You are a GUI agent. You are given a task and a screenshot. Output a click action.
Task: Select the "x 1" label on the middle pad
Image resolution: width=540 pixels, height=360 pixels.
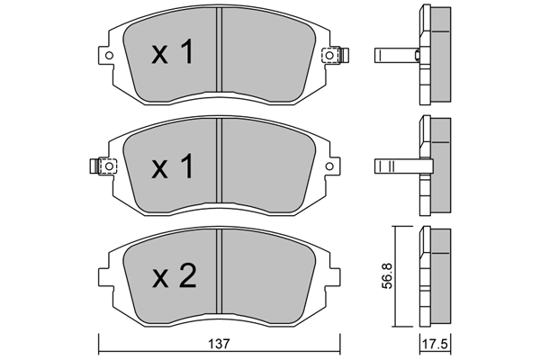pos(171,166)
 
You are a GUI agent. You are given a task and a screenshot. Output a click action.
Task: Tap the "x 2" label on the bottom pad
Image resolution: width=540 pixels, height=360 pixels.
pos(172,277)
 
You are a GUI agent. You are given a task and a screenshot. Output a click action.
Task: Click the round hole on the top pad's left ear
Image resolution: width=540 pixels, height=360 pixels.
pos(110,56)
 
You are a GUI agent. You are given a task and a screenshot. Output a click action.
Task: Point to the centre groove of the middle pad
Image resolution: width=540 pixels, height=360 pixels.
pos(220,166)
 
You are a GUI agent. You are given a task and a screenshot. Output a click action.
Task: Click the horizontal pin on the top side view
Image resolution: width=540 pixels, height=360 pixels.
pos(396,56)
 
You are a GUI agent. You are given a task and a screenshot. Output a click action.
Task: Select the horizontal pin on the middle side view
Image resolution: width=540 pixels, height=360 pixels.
pos(396,166)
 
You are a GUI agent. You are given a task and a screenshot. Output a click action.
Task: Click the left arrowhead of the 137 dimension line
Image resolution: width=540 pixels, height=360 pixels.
pos(101,352)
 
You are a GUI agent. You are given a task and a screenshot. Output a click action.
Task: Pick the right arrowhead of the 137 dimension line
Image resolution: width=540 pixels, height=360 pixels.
pos(338,352)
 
